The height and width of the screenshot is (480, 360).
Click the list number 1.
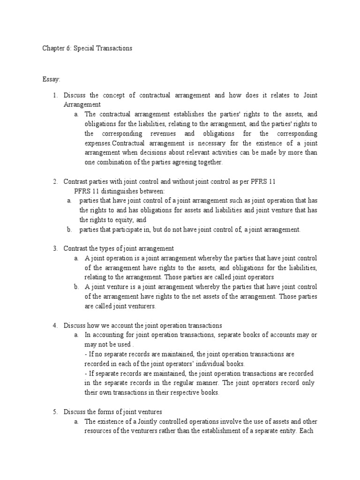54,95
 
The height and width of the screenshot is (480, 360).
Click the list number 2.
54,181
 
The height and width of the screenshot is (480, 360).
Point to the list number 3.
54,248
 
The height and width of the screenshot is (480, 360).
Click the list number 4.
54,325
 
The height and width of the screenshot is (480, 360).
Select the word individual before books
203,364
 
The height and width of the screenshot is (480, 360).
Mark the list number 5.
54,412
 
